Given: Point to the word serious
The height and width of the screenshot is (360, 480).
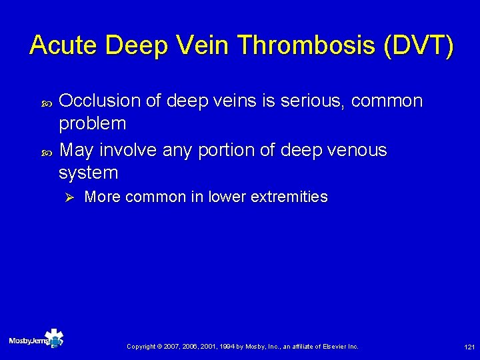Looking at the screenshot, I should click(x=310, y=101).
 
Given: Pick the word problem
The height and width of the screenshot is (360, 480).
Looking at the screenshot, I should click(x=93, y=123).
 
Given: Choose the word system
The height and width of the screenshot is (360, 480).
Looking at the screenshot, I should click(x=89, y=173).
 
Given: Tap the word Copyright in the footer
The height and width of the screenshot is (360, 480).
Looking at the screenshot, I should click(x=141, y=347).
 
